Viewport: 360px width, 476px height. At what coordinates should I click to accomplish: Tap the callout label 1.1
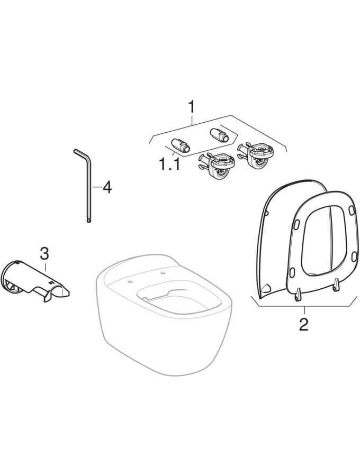170,164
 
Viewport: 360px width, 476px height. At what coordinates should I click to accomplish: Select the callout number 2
303,324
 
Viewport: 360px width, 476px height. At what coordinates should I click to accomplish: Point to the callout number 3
44,254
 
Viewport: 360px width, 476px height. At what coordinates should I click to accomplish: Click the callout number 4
107,187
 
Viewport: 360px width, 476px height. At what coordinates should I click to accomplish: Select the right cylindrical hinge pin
219,135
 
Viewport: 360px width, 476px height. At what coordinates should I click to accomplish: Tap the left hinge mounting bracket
217,166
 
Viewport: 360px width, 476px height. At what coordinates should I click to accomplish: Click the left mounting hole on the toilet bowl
130,282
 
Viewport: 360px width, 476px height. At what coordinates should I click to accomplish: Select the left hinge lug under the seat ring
298,295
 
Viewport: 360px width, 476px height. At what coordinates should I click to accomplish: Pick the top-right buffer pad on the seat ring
351,211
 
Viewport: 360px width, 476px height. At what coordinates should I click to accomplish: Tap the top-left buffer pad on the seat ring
296,226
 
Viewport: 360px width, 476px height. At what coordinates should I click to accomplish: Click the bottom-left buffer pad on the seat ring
292,272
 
